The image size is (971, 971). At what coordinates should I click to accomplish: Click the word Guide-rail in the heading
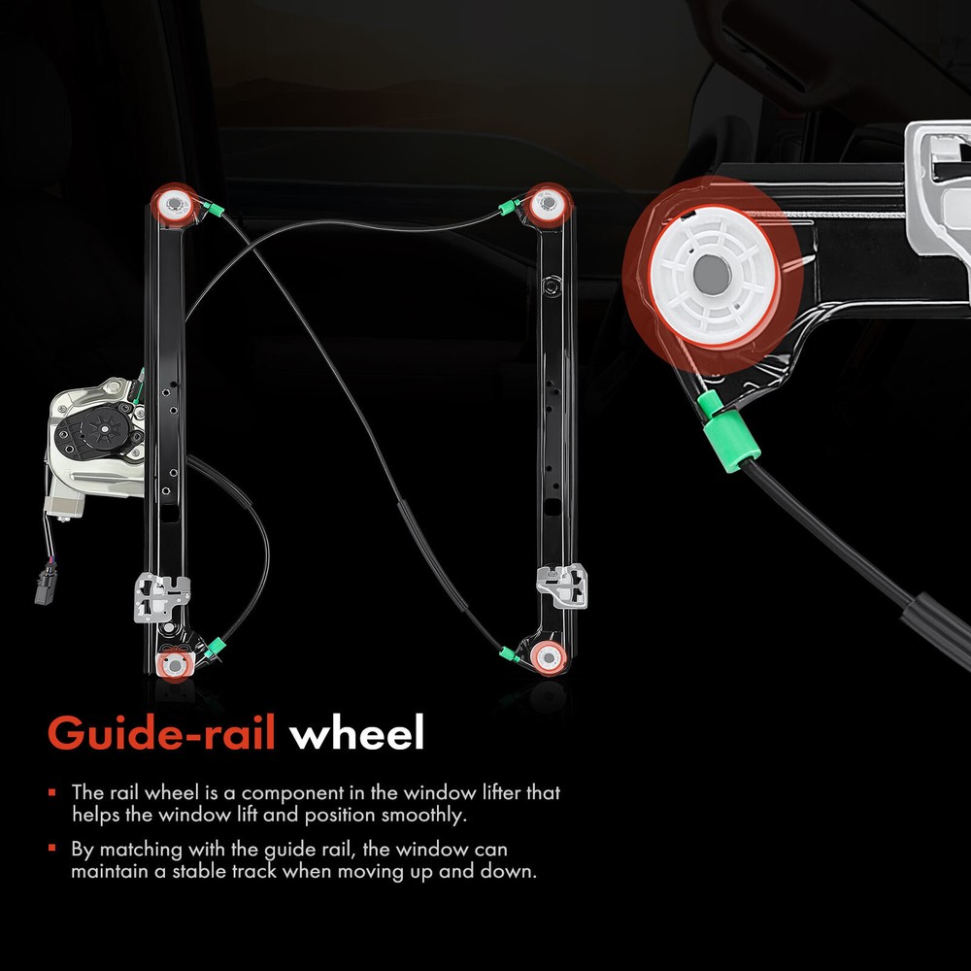(x=161, y=733)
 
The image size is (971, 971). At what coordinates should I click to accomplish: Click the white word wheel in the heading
(x=356, y=732)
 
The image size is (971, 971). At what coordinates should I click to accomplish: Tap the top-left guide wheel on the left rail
(x=175, y=203)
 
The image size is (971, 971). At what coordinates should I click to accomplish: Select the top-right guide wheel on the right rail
(x=548, y=203)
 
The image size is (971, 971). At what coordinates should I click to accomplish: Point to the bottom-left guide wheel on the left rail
(x=174, y=665)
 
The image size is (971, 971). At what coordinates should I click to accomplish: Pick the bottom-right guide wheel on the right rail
(x=548, y=655)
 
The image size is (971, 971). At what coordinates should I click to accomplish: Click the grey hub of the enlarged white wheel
(x=712, y=274)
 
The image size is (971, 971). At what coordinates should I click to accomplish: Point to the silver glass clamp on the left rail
(x=162, y=597)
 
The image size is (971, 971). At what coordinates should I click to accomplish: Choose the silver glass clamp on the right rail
(x=561, y=586)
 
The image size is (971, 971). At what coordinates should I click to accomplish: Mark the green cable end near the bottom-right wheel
(x=510, y=653)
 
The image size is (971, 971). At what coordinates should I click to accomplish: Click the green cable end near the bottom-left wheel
(x=215, y=647)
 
